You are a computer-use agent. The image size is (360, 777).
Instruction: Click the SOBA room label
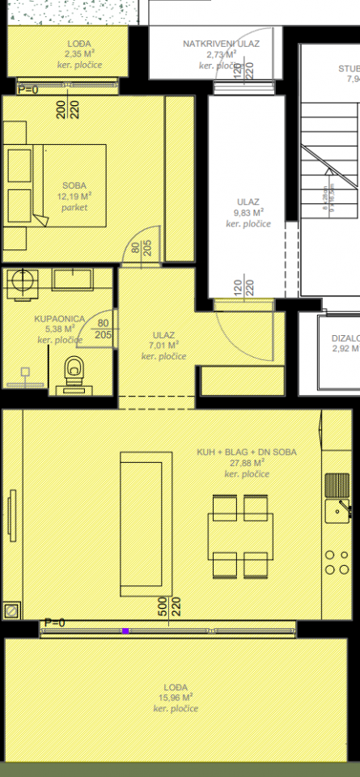click(74, 184)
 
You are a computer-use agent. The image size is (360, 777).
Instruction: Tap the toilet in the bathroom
click(75, 371)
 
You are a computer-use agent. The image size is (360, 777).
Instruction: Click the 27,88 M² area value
click(247, 463)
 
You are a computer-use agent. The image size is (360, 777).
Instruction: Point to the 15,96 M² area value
click(175, 697)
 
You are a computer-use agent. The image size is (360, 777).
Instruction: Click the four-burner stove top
click(336, 562)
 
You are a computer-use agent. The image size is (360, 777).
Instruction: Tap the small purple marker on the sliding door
click(125, 630)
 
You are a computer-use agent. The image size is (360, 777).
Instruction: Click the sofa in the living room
click(146, 523)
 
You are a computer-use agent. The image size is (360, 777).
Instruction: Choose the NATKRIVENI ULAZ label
click(221, 44)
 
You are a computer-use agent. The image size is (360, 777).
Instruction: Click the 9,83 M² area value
click(248, 213)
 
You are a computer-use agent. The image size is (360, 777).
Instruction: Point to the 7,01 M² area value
click(163, 346)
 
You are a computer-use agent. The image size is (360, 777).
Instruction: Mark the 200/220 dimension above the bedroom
click(67, 108)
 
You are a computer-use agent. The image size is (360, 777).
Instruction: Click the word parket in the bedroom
click(74, 207)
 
